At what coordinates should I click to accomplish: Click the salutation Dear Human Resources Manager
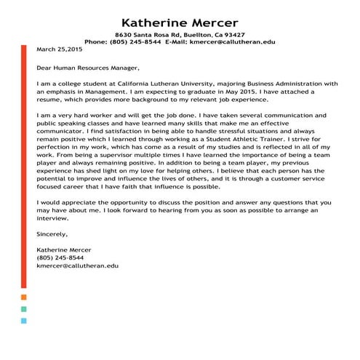(x=87, y=68)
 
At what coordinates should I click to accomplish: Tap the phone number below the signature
(x=60, y=258)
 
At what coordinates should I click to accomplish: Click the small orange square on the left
(x=24, y=297)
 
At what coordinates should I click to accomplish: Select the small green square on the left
(x=24, y=308)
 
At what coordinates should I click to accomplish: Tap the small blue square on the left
(x=24, y=320)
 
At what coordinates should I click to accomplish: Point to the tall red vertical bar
(x=24, y=167)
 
